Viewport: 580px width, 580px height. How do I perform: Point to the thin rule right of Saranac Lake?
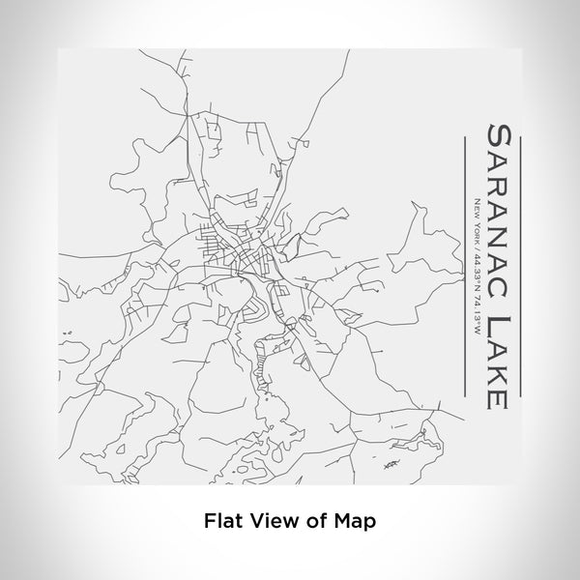point(521,261)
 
